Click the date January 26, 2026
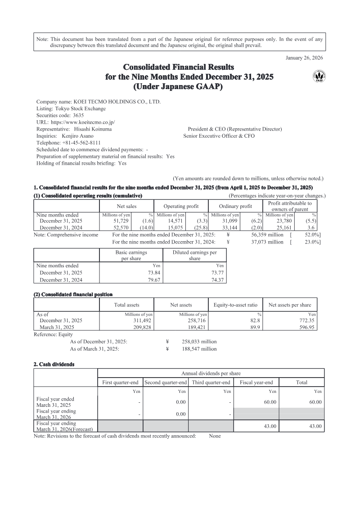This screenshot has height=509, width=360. point(305,57)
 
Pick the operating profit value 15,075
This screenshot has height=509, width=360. point(176,228)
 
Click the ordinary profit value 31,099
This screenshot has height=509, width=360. point(229,221)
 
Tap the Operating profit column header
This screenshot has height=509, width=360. point(181,206)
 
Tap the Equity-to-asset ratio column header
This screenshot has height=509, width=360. point(235,305)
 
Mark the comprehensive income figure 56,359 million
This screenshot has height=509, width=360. point(267,235)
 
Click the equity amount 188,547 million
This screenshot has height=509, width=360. point(199,349)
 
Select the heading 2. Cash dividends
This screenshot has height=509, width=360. point(54,364)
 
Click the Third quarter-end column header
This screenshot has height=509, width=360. point(211,383)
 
